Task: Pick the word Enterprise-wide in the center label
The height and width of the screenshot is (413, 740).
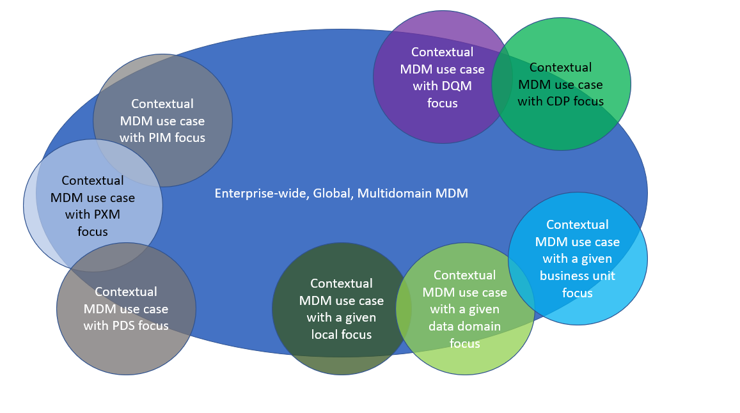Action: click(261, 193)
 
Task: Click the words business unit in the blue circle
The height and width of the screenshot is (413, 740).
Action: click(577, 276)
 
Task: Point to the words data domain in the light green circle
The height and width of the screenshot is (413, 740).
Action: click(464, 327)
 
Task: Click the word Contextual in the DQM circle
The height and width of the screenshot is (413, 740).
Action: click(442, 52)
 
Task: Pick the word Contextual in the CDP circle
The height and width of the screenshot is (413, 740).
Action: click(560, 67)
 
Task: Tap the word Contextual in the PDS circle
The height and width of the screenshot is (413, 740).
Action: click(125, 292)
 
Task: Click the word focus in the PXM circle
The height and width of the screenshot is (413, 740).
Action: click(93, 231)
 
